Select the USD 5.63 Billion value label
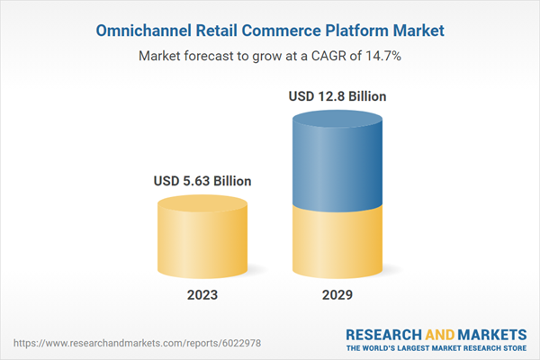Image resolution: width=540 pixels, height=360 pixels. point(201,181)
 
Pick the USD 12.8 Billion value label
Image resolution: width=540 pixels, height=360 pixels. point(337,95)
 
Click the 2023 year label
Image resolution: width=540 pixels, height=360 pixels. point(202,294)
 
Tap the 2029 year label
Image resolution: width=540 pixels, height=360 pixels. point(337,294)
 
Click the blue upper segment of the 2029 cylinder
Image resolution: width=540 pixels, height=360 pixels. point(337,162)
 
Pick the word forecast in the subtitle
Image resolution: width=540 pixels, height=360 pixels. point(215,55)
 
